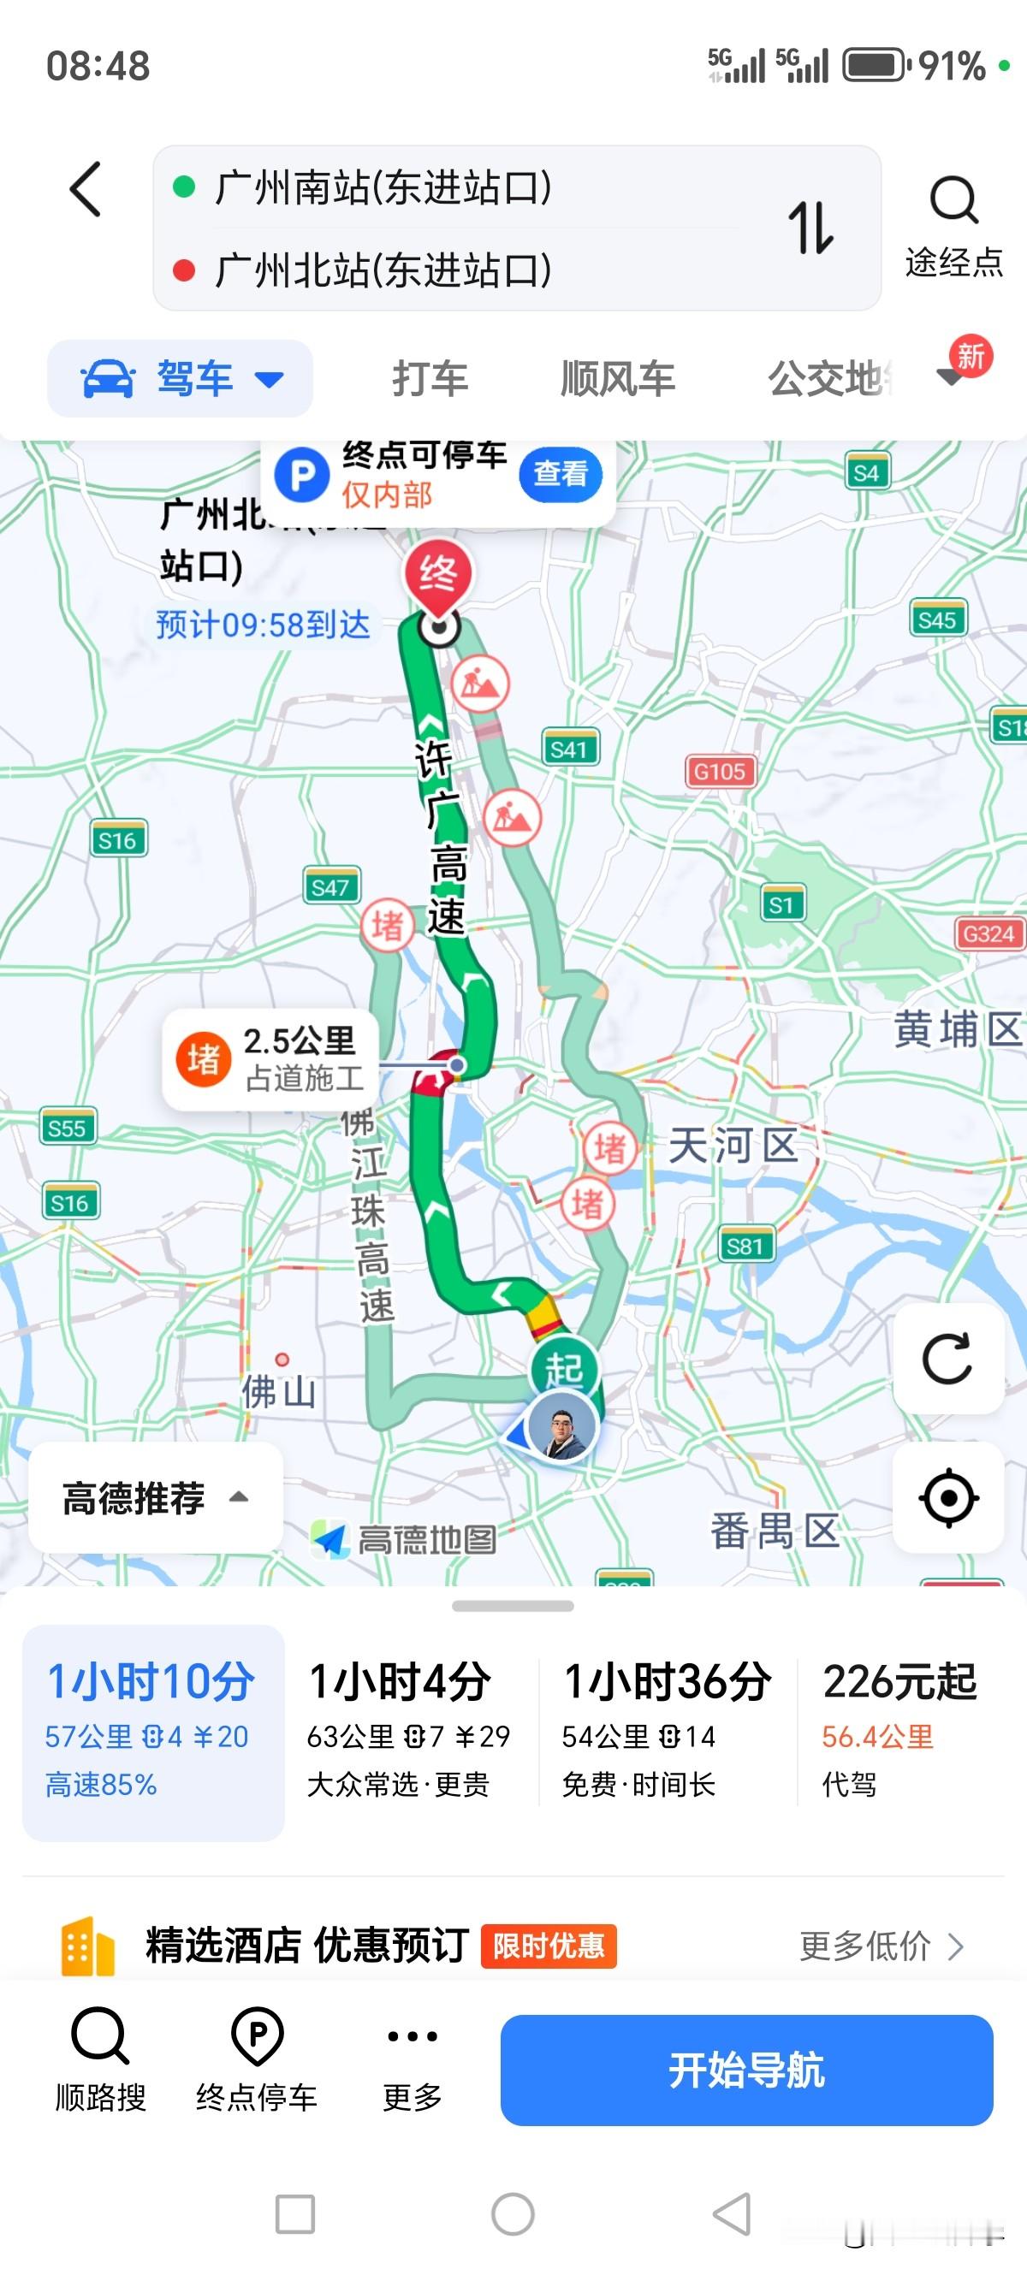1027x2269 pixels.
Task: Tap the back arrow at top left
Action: pyautogui.click(x=86, y=188)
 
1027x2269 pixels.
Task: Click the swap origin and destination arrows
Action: pyautogui.click(x=810, y=228)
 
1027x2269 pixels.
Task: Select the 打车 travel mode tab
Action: pyautogui.click(x=430, y=379)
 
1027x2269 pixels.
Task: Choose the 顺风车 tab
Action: pyautogui.click(x=617, y=379)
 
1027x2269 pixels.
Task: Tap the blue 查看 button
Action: pyautogui.click(x=561, y=474)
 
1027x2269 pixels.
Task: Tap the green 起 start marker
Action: pyautogui.click(x=563, y=1370)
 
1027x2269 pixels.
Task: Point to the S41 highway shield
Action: pyautogui.click(x=569, y=749)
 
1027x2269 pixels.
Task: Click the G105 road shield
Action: pyautogui.click(x=719, y=772)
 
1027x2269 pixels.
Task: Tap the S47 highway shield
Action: pyautogui.click(x=330, y=886)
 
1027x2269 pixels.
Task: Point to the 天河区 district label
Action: pyautogui.click(x=733, y=1146)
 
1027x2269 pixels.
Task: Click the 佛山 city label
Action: pyautogui.click(x=279, y=1392)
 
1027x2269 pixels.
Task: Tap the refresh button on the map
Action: pyautogui.click(x=947, y=1358)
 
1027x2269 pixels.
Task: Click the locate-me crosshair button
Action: pyautogui.click(x=947, y=1497)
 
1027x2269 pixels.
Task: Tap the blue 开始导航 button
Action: pyautogui.click(x=746, y=2070)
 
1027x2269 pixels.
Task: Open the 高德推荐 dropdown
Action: pyautogui.click(x=155, y=1497)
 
